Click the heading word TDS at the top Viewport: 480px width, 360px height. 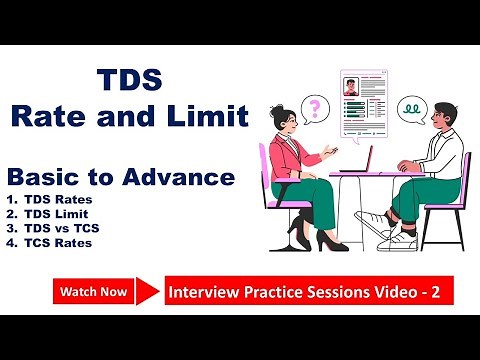pyautogui.click(x=129, y=80)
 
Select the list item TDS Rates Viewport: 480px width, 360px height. pyautogui.click(x=60, y=199)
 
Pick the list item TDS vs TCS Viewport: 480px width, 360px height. pyautogui.click(x=64, y=227)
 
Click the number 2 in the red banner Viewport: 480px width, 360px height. pyautogui.click(x=436, y=293)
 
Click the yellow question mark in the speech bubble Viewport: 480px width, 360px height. pyautogui.click(x=318, y=107)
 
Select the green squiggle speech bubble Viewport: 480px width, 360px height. pyautogui.click(x=411, y=106)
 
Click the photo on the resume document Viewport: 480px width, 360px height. pyautogui.click(x=351, y=87)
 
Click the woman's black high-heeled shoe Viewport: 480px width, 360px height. pyautogui.click(x=325, y=242)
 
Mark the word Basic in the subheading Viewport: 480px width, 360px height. pyautogui.click(x=44, y=178)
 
